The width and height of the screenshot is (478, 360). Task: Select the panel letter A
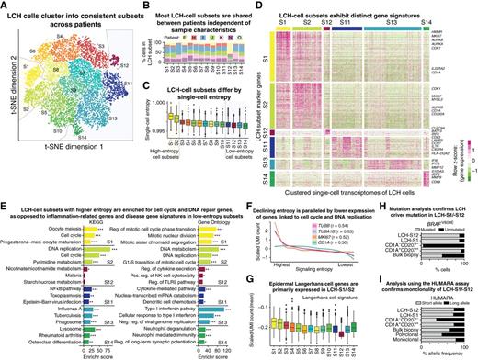click(5, 6)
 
